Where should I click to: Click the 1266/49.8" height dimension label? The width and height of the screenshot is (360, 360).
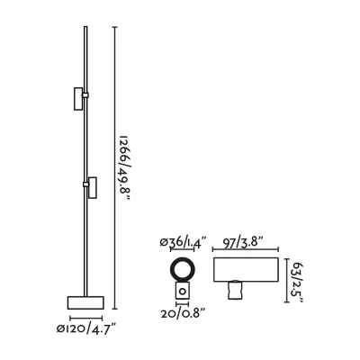point(124,169)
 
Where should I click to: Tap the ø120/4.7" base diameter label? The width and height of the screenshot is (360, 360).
point(86,329)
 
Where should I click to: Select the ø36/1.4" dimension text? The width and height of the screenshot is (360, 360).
point(184,242)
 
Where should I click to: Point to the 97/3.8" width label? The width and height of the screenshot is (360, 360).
point(243,242)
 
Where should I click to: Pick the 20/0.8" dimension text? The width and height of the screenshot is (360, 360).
point(183,314)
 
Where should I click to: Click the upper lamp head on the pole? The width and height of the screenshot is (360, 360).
point(78,99)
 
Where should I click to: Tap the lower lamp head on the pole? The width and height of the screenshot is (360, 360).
point(93,188)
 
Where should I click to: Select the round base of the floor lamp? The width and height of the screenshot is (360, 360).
point(85,302)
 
